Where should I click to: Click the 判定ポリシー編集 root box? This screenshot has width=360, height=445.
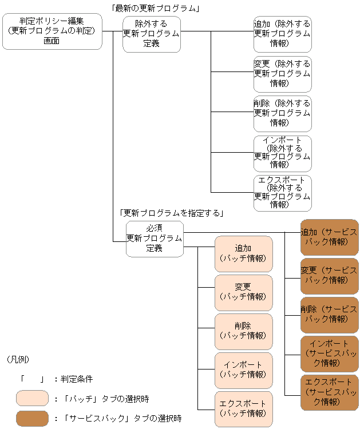52,31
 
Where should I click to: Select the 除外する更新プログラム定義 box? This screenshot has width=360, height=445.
152,34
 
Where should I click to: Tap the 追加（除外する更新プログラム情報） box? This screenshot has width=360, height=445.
283,34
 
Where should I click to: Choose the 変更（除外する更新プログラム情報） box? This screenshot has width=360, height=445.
283,73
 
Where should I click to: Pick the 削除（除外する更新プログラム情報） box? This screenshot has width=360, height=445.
283,113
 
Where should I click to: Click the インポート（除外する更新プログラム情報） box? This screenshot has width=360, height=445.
283,153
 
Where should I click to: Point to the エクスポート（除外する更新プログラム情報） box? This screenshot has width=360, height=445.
283,193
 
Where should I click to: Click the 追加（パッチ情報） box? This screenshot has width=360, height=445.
243,253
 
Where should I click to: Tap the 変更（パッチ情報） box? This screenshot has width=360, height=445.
243,292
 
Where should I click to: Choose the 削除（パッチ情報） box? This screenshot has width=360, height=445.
243,331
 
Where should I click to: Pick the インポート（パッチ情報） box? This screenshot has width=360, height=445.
243,370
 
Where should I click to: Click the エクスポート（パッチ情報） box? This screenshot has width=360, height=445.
243,408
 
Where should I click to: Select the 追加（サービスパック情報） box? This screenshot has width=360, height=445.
329,237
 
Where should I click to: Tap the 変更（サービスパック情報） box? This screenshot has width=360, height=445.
329,276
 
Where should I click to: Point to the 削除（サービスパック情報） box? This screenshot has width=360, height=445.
329,315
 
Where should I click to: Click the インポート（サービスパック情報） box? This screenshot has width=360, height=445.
329,353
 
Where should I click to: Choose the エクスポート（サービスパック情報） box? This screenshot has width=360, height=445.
329,392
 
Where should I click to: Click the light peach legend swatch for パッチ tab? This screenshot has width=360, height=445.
32,398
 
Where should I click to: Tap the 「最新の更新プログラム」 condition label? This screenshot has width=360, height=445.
155,8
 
